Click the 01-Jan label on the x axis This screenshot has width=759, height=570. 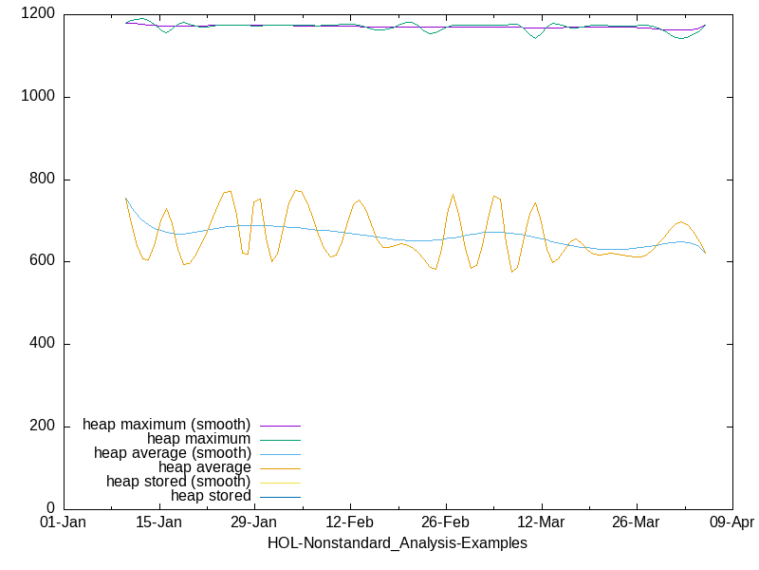[63, 523]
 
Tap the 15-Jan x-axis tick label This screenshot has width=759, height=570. [158, 523]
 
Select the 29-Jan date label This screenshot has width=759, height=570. [254, 523]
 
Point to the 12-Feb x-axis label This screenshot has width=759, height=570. [350, 523]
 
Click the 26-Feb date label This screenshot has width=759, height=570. [445, 523]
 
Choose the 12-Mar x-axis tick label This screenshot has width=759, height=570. [541, 523]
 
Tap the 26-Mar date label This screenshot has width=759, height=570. [637, 523]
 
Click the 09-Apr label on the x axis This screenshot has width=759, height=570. [731, 523]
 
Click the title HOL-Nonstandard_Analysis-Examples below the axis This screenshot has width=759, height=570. [398, 543]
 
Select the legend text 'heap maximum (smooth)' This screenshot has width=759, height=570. [167, 424]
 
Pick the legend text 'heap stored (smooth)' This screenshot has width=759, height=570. [178, 481]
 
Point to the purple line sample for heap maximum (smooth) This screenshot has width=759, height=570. [280, 425]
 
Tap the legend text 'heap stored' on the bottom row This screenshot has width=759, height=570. [211, 495]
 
